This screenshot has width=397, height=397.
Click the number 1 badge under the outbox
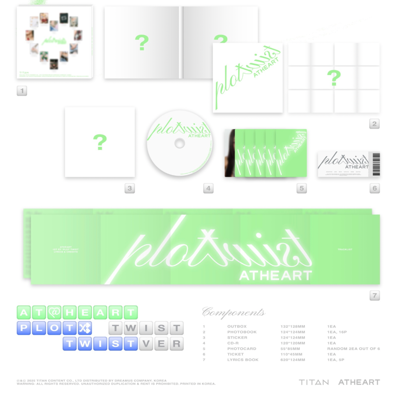pyautogui.click(x=22, y=91)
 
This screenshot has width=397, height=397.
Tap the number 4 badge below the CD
pyautogui.click(x=208, y=189)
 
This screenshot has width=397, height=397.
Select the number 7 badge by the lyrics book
pyautogui.click(x=375, y=295)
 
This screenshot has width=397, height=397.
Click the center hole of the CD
pyautogui.click(x=179, y=143)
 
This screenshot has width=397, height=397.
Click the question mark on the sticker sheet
pyautogui.click(x=100, y=142)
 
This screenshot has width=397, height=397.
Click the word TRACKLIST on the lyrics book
pyautogui.click(x=345, y=250)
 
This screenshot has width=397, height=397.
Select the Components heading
pyautogui.click(x=234, y=313)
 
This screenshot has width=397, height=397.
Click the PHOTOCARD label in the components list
pyautogui.click(x=242, y=349)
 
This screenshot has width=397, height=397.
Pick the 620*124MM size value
pyautogui.click(x=293, y=360)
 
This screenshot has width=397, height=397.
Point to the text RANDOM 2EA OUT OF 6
pyautogui.click(x=353, y=349)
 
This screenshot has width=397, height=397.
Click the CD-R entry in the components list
pyautogui.click(x=234, y=343)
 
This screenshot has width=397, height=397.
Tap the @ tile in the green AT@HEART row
pyautogui.click(x=54, y=313)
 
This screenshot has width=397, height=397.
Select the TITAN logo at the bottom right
pyautogui.click(x=314, y=382)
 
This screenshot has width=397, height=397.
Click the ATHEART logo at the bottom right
pyautogui.click(x=359, y=382)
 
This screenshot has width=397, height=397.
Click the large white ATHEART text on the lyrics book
pyautogui.click(x=275, y=275)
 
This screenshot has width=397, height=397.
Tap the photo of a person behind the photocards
pyautogui.click(x=230, y=153)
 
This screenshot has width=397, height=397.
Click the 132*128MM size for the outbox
pyautogui.click(x=293, y=326)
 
